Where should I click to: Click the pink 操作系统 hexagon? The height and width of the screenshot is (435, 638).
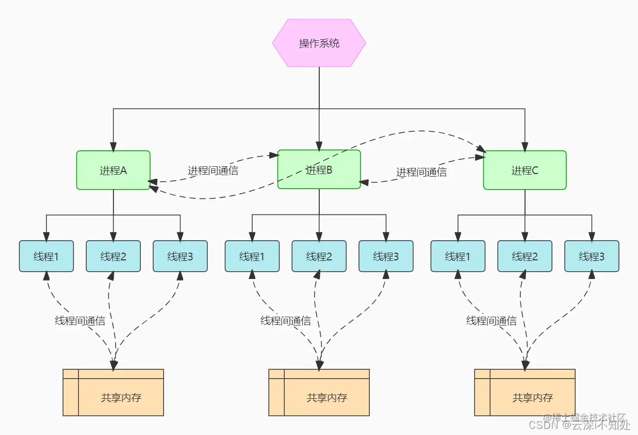click(x=319, y=43)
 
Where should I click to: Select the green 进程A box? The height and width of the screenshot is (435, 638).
click(x=113, y=170)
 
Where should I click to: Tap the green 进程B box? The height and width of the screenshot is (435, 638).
click(x=319, y=169)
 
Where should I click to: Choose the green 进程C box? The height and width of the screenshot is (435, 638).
click(x=525, y=170)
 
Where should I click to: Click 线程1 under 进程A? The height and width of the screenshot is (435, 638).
click(x=46, y=256)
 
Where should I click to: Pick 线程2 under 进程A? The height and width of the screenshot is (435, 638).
click(x=113, y=256)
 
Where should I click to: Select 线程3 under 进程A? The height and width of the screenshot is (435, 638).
click(x=180, y=256)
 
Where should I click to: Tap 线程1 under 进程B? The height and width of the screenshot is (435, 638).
click(x=252, y=256)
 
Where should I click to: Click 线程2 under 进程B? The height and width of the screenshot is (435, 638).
click(x=319, y=256)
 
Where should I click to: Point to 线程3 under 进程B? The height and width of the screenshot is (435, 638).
click(x=386, y=256)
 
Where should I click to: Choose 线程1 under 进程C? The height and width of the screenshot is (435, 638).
click(x=458, y=256)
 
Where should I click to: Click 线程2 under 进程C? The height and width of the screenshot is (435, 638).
click(x=525, y=256)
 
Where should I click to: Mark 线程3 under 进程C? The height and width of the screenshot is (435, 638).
click(x=592, y=256)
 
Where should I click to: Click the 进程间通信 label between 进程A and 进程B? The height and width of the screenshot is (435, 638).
click(x=213, y=171)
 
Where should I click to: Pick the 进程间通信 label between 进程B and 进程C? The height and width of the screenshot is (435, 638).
click(x=421, y=172)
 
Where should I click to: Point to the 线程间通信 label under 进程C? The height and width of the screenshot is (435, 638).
click(x=492, y=321)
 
